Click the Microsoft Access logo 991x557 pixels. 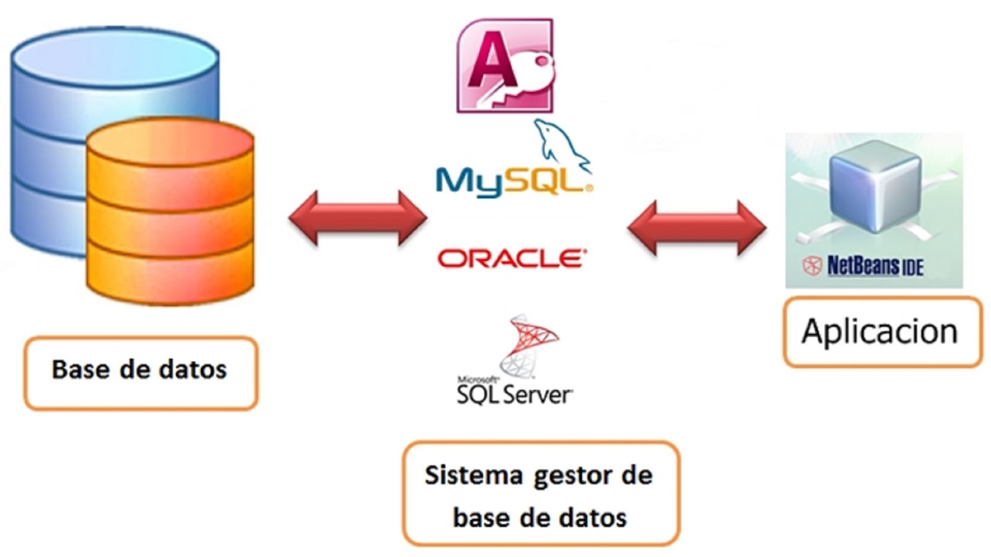[505, 66]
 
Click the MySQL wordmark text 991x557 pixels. [513, 181]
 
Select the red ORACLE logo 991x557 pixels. [512, 258]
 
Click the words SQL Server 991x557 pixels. [514, 394]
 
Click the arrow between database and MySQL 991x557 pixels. [357, 217]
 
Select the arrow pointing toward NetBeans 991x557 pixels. [697, 227]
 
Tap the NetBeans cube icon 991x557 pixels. [874, 186]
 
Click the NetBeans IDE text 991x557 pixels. [875, 266]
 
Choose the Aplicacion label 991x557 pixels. [880, 331]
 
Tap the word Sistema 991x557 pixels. [465, 475]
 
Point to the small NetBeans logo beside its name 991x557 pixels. [811, 266]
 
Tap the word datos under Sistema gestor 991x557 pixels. [592, 517]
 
